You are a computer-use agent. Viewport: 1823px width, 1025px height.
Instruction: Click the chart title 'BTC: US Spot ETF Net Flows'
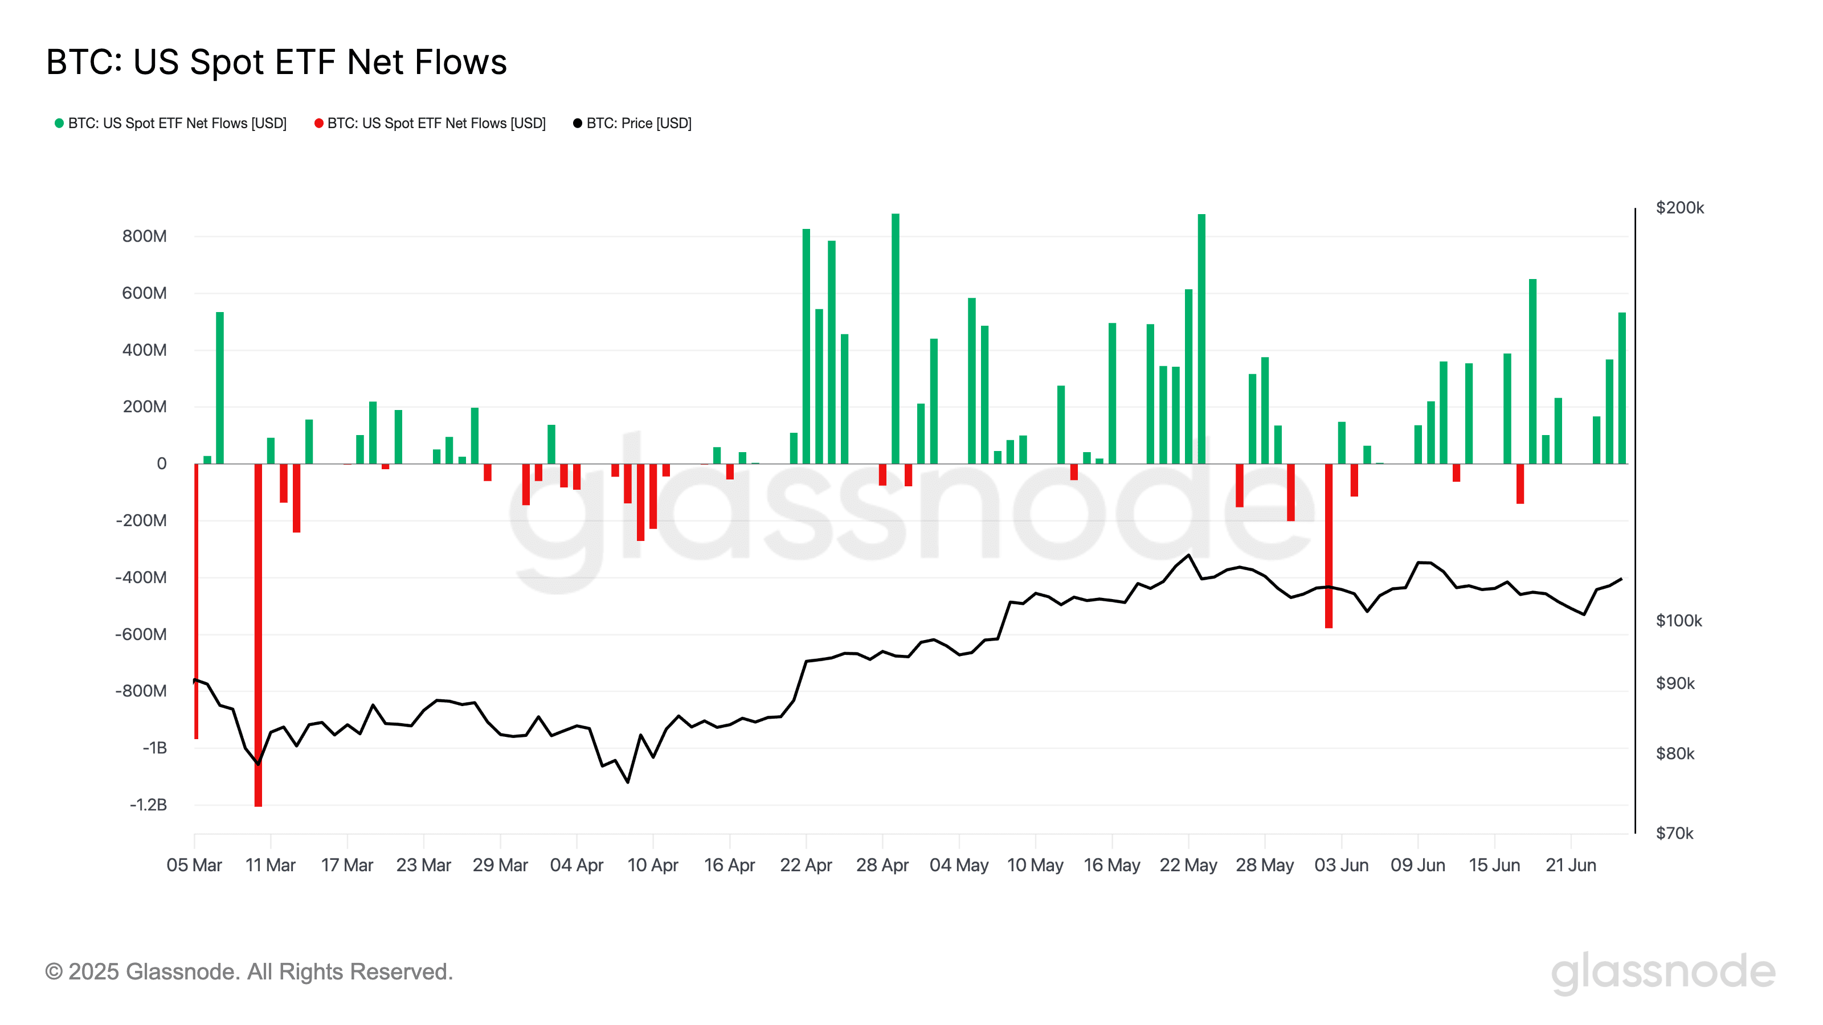276,62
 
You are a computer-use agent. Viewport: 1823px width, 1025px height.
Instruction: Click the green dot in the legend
59,123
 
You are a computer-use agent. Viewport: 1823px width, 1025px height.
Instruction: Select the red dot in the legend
318,123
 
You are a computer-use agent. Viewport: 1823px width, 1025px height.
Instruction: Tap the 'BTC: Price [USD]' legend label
638,123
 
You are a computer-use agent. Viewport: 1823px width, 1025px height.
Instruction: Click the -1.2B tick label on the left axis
148,804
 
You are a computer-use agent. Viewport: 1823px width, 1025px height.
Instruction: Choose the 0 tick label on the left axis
161,464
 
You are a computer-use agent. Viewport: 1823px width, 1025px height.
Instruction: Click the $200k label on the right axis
1679,208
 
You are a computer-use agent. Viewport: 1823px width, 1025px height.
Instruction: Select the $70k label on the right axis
1674,833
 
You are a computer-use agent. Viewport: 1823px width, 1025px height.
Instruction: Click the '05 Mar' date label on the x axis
194,865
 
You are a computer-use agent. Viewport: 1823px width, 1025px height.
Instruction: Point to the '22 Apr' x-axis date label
806,865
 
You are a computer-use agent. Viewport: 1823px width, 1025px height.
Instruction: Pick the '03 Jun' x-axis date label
1341,865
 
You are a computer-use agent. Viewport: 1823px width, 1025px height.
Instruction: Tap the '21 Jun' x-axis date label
1571,865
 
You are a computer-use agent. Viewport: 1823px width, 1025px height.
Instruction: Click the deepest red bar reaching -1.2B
258,637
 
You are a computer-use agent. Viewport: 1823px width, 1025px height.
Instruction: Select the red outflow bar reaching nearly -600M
1329,545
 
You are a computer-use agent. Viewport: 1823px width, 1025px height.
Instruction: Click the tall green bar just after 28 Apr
895,339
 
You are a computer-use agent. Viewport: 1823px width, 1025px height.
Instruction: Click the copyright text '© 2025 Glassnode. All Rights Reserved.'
248,972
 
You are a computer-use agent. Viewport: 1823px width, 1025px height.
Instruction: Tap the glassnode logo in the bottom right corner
1663,972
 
